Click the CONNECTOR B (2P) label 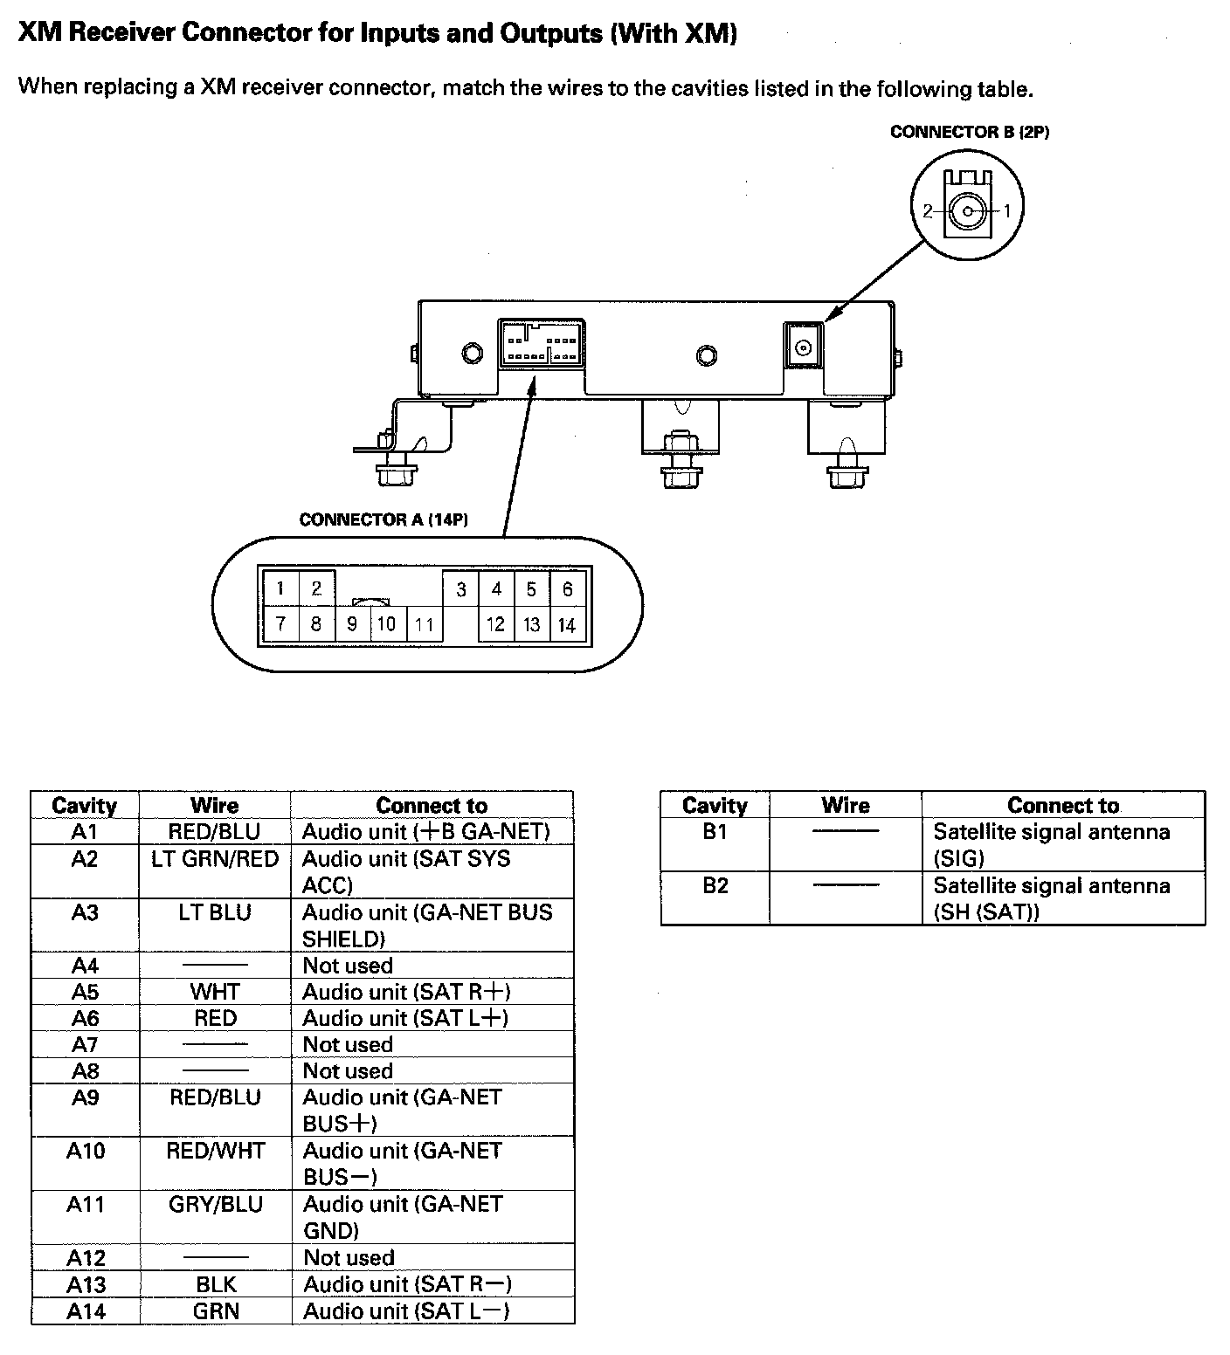[969, 132]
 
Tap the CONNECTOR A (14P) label [384, 519]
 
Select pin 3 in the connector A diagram [461, 590]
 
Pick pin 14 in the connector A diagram [567, 625]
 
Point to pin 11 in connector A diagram [425, 625]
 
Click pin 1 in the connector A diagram [280, 588]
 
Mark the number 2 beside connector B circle [928, 210]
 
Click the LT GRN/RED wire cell [215, 859]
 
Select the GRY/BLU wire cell [215, 1204]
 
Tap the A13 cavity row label [86, 1284]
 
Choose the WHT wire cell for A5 [215, 992]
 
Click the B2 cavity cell [715, 886]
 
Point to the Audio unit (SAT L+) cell [405, 1018]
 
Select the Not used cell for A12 [349, 1257]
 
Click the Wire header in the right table [845, 805]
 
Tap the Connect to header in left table [432, 805]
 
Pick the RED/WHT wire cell [215, 1151]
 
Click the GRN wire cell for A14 [215, 1310]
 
